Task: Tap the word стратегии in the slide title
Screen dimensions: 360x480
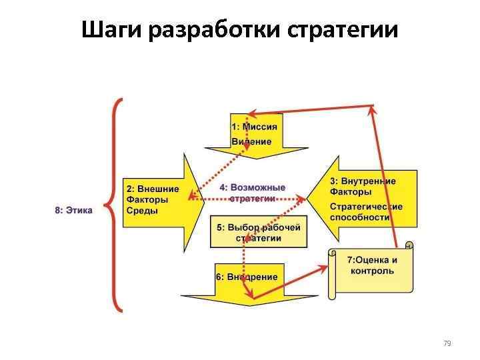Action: tap(345, 31)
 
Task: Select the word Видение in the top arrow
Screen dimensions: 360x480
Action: tap(251, 141)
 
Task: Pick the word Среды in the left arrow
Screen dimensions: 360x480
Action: tap(142, 211)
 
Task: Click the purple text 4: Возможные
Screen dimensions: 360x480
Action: tap(253, 187)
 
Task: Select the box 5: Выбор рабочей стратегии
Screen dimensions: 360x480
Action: tap(258, 232)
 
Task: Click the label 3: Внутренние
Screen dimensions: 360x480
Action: tap(363, 181)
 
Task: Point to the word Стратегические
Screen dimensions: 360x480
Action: tap(366, 206)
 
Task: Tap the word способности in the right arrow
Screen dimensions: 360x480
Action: tap(360, 217)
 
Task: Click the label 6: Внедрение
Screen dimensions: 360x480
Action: tap(247, 277)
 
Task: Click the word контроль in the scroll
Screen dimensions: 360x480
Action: tap(371, 271)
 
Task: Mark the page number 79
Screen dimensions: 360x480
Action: tap(447, 343)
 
